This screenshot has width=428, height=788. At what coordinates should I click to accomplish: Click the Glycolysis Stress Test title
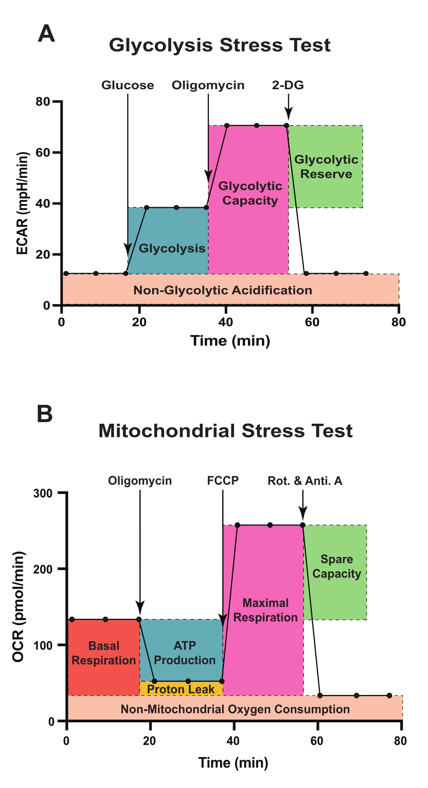click(x=219, y=45)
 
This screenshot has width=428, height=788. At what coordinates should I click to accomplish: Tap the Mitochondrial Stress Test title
click(x=225, y=431)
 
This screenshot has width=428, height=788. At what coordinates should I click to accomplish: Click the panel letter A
click(x=46, y=34)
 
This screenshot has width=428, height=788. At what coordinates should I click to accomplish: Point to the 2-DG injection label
click(x=288, y=85)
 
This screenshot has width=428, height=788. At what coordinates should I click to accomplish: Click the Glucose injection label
click(x=127, y=85)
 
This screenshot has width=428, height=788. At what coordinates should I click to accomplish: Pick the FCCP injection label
click(x=223, y=481)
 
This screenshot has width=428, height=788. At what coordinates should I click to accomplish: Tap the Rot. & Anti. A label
click(x=305, y=481)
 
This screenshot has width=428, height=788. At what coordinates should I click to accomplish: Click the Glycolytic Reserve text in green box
click(x=326, y=166)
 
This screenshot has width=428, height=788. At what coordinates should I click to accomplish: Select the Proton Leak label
click(x=181, y=689)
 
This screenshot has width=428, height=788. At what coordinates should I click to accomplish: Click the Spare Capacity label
click(x=336, y=566)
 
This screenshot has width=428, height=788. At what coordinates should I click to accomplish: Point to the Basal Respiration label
click(x=104, y=653)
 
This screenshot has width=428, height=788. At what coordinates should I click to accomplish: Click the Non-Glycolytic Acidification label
click(x=222, y=290)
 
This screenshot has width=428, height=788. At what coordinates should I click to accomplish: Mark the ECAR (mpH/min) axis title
click(x=22, y=203)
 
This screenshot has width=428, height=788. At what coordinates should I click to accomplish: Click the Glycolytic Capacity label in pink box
click(x=250, y=193)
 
